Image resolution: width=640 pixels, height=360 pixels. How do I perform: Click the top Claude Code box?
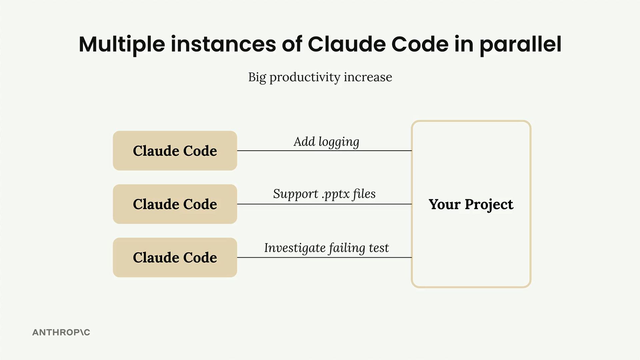point(175,151)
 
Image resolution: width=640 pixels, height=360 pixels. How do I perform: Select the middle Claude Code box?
point(175,204)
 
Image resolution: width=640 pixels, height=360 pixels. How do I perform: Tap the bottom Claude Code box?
point(175,257)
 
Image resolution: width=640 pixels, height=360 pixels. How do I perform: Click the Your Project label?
point(471,205)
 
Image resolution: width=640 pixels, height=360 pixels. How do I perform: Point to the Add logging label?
point(326,142)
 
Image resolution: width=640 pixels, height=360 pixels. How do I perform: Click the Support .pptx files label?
point(324,194)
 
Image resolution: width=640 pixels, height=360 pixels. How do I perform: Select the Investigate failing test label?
point(326,248)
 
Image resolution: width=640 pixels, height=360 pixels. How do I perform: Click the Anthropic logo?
point(61,332)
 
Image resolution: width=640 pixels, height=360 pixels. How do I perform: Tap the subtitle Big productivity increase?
point(320,77)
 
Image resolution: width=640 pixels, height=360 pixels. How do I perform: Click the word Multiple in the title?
point(122,45)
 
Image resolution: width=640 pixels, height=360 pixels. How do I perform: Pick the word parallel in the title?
point(521,45)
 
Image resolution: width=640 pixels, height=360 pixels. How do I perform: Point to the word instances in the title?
point(223,44)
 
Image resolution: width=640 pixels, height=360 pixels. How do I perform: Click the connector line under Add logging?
point(324,151)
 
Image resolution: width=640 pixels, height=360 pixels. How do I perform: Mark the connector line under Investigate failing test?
point(324,257)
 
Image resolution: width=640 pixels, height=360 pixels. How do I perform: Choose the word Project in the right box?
point(489,205)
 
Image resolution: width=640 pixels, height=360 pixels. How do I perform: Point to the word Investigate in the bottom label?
point(295,248)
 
